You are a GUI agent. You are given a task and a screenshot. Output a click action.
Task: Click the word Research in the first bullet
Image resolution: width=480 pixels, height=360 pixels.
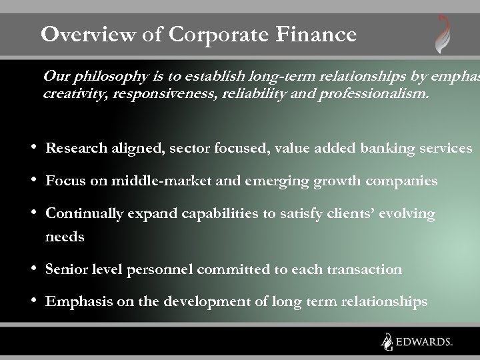point(75,147)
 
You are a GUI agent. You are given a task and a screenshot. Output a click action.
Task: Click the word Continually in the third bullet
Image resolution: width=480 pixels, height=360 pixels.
point(85,214)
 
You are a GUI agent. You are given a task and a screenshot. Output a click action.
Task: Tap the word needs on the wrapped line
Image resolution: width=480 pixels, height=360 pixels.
point(65,237)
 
